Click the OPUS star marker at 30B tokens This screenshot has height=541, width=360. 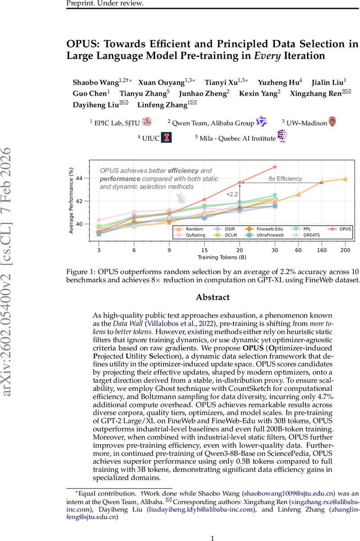point(275,167)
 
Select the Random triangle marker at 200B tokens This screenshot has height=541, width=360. point(345,179)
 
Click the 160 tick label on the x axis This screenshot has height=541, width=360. point(322,249)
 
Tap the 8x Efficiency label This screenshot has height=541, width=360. point(285,179)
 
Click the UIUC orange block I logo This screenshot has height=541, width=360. point(167,138)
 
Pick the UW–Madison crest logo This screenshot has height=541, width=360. point(332,121)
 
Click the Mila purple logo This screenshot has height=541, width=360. point(283,136)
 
